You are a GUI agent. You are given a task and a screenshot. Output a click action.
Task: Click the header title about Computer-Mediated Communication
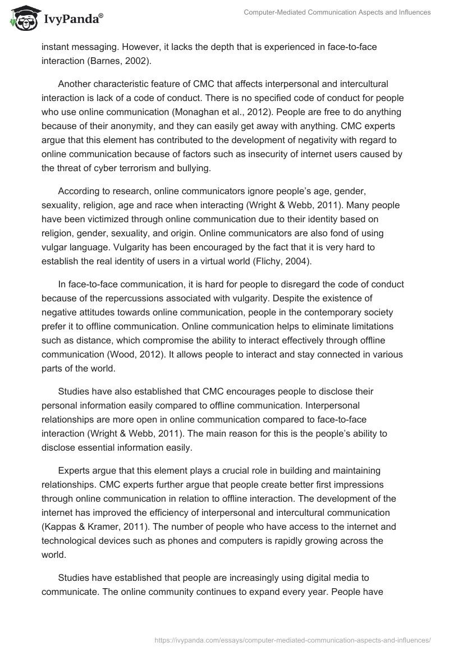(337, 12)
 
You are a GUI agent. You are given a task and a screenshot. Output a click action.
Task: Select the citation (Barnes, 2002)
(130, 61)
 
